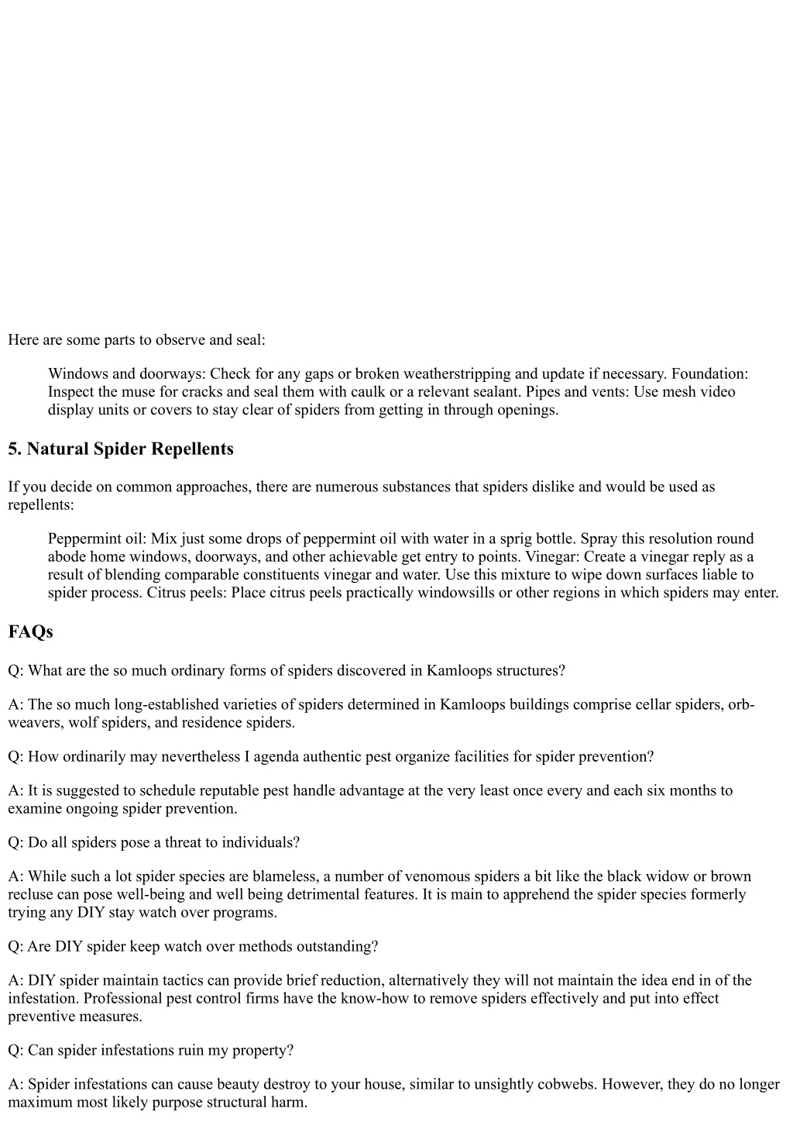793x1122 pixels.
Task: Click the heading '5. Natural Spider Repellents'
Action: (120, 449)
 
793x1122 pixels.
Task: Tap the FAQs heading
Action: (30, 632)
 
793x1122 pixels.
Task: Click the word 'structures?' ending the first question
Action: (528, 671)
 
